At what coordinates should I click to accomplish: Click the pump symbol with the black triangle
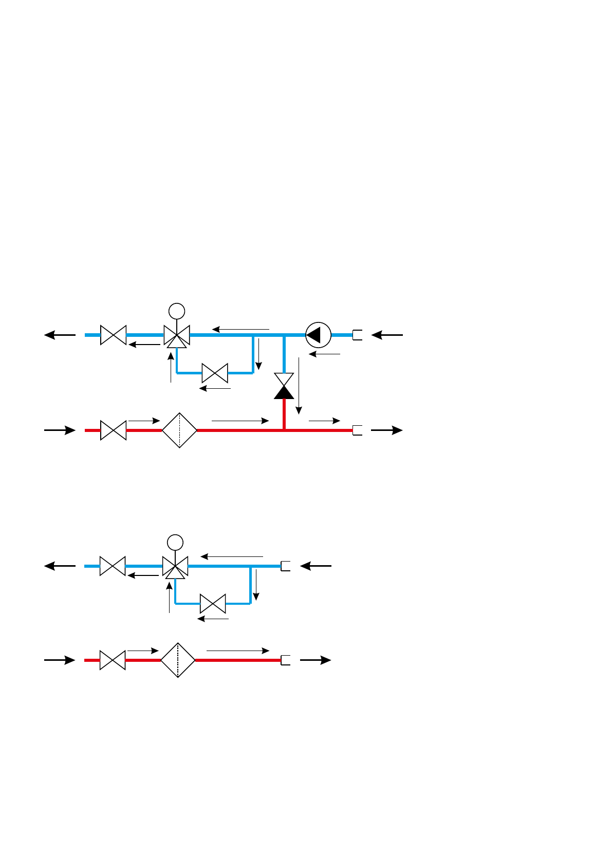point(318,335)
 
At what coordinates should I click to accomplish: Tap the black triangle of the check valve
point(284,392)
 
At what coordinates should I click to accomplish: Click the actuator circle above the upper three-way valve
point(177,311)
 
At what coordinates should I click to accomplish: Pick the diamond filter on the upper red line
point(179,430)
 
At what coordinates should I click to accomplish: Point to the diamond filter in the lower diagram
point(178,660)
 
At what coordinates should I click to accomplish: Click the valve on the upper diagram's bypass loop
point(215,373)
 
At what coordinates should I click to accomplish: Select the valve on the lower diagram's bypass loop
point(213,603)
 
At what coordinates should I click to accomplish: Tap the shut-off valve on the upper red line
point(113,430)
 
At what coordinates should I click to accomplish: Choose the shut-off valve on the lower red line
point(113,660)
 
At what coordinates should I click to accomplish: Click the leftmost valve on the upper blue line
point(113,335)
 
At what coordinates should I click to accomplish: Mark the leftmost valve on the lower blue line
point(113,566)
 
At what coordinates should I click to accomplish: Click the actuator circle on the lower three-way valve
point(175,542)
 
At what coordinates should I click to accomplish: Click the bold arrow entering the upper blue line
point(387,335)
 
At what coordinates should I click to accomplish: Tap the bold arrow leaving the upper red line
point(386,430)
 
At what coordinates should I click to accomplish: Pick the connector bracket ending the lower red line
point(286,660)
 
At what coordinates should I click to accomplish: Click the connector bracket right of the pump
point(358,335)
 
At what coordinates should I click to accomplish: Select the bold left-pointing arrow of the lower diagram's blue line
point(60,566)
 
